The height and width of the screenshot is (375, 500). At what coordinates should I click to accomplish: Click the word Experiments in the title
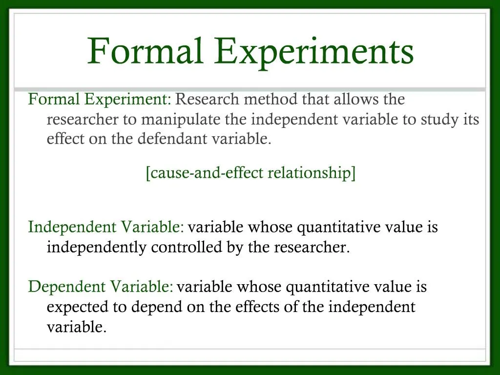pos(314,52)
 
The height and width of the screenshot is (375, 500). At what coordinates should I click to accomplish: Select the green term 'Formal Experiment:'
pos(100,100)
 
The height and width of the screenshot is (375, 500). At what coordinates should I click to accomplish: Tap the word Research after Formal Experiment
pos(208,100)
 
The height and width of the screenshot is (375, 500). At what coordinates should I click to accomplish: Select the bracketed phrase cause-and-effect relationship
pos(250,173)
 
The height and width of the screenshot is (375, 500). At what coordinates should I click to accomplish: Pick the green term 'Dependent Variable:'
pos(101,287)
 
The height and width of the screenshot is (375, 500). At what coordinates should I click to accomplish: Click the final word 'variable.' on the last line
pos(77,327)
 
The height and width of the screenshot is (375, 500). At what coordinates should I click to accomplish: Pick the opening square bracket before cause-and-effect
pos(147,173)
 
